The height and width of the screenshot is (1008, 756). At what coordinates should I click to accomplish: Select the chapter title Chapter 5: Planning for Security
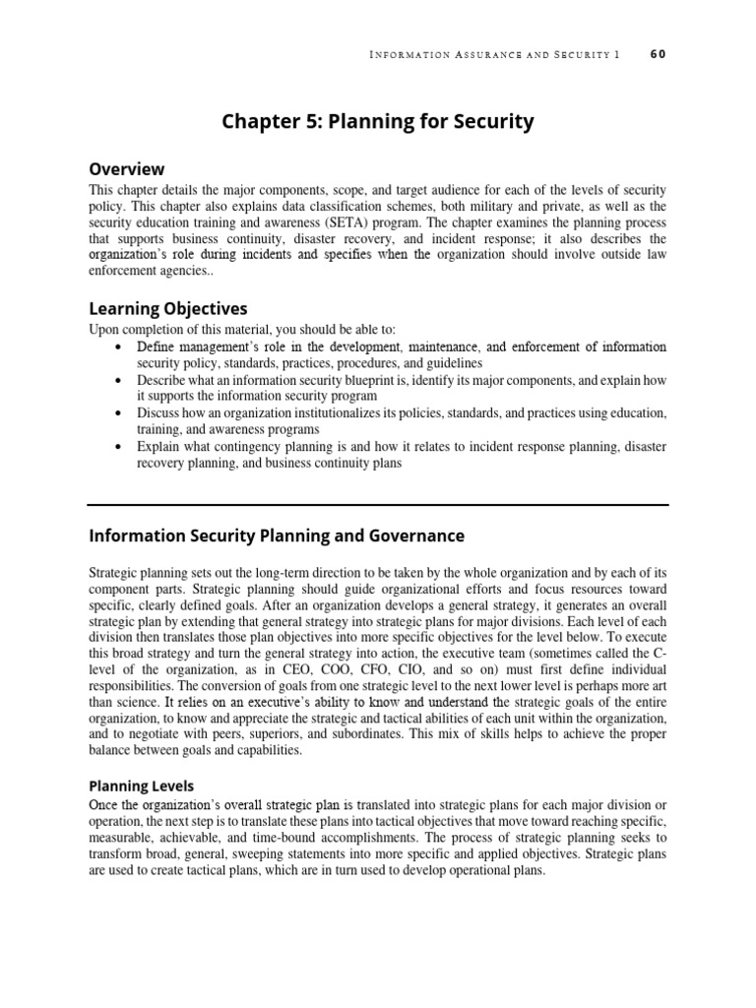(378, 121)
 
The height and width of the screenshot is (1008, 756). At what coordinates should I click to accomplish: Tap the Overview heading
(127, 168)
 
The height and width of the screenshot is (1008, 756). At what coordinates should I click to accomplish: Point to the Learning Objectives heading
(168, 308)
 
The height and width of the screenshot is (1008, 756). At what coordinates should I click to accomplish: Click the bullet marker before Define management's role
(119, 347)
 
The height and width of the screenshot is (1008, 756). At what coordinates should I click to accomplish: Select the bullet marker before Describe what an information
(119, 379)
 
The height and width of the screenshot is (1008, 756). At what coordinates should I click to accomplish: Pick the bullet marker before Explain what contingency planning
(119, 447)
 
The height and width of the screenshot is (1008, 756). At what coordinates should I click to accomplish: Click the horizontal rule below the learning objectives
(378, 505)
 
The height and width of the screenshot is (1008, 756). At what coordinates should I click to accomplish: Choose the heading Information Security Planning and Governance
(277, 536)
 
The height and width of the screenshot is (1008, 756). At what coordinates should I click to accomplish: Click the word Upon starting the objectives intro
(105, 329)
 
